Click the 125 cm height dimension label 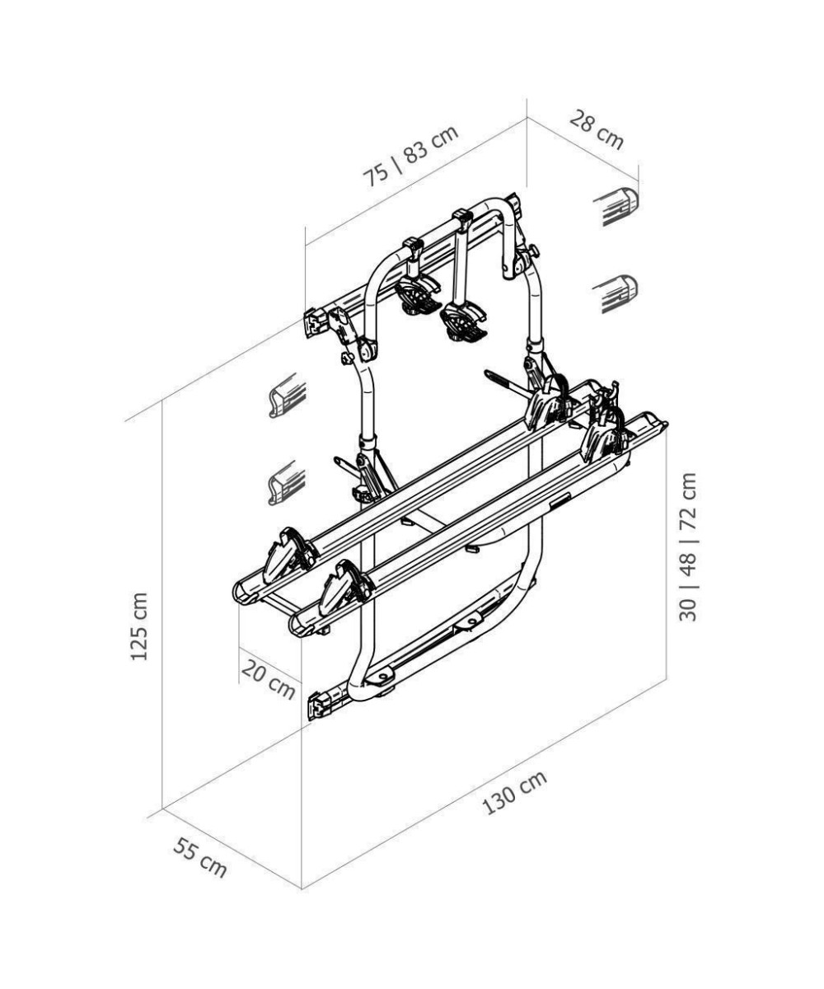coord(140,626)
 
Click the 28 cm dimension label coord(597,129)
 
